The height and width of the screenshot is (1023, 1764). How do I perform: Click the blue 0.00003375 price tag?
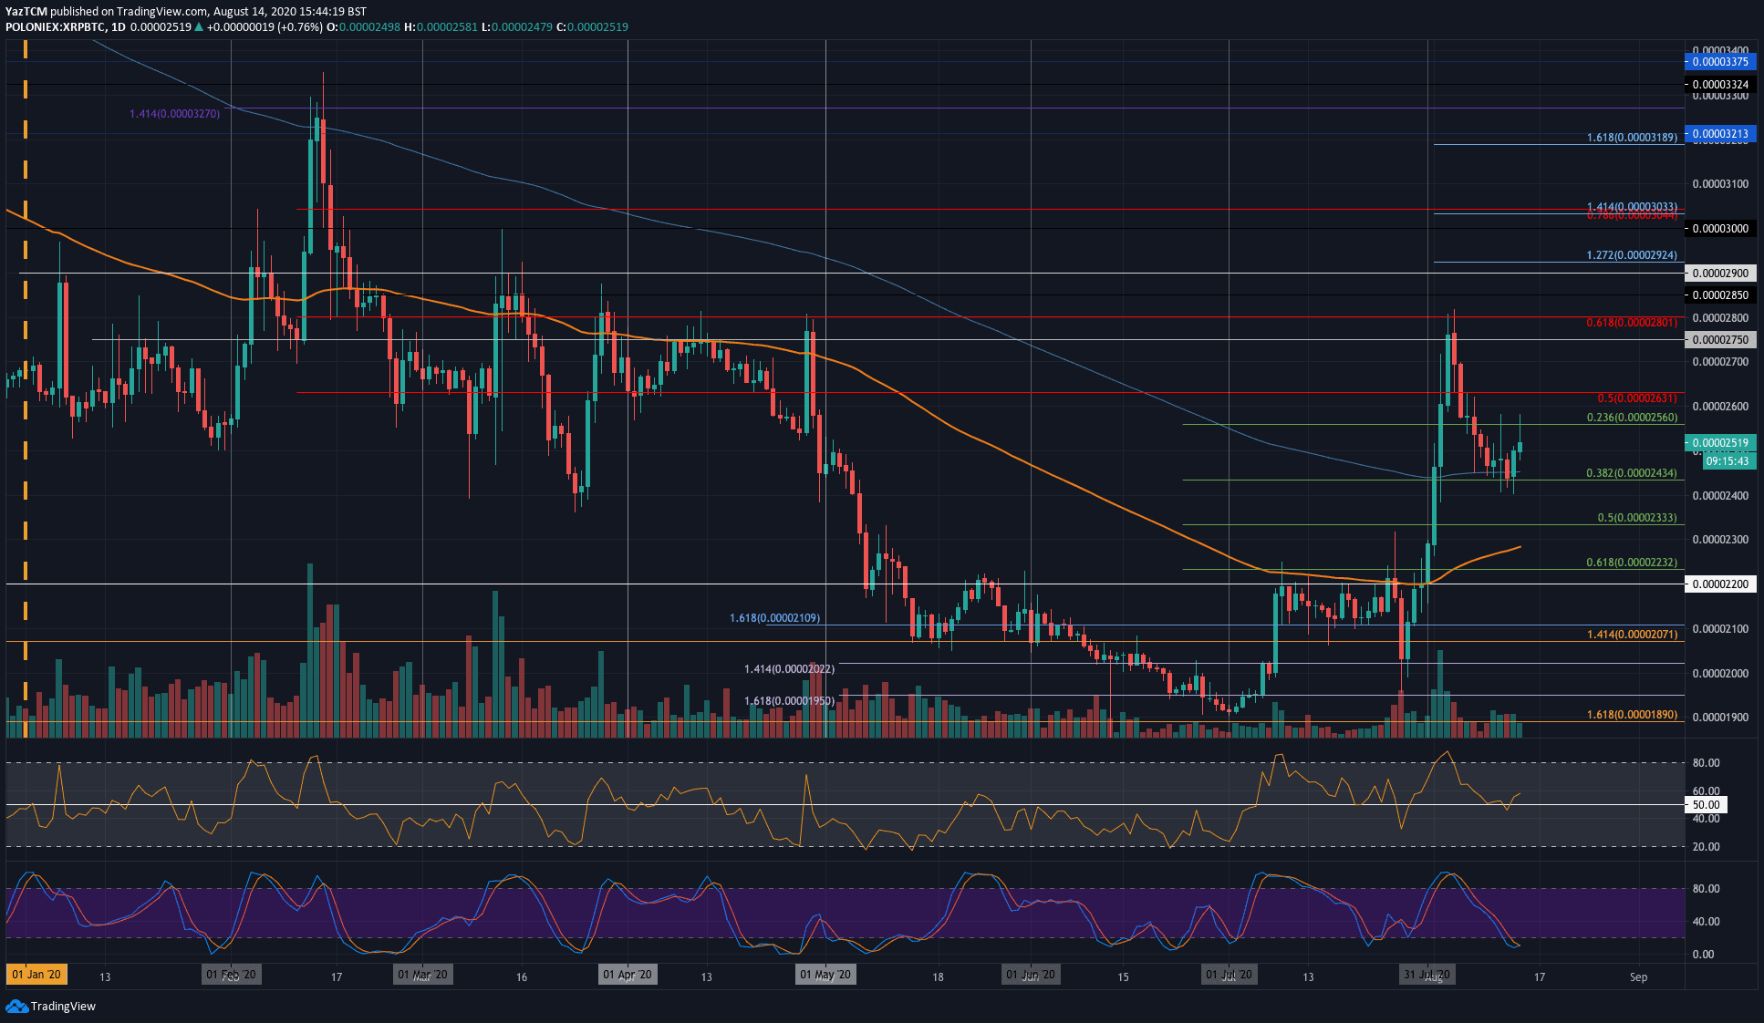(1719, 62)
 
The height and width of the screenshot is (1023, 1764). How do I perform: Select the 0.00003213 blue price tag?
(1719, 134)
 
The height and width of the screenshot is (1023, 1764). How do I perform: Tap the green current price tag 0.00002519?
(1719, 443)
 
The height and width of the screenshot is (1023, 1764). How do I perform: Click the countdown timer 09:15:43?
(1727, 461)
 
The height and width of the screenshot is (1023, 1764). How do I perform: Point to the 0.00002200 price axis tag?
(1719, 584)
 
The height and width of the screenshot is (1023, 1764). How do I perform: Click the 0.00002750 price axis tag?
(1719, 340)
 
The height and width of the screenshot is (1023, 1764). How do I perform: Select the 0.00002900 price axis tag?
(1719, 274)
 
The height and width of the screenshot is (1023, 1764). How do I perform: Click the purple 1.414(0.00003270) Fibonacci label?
(174, 114)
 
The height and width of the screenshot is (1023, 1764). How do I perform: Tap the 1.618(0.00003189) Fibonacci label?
(1632, 138)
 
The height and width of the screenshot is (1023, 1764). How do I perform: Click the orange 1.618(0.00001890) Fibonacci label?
(1632, 715)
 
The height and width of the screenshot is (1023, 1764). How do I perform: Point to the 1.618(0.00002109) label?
(774, 618)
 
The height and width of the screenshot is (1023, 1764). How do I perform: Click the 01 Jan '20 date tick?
(36, 975)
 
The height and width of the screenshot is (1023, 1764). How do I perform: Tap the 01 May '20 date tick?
(825, 975)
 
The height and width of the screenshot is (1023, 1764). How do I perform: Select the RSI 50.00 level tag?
(1706, 805)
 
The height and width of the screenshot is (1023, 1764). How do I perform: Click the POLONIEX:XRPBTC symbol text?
(53, 27)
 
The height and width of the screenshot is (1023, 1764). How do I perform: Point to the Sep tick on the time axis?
(1638, 976)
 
